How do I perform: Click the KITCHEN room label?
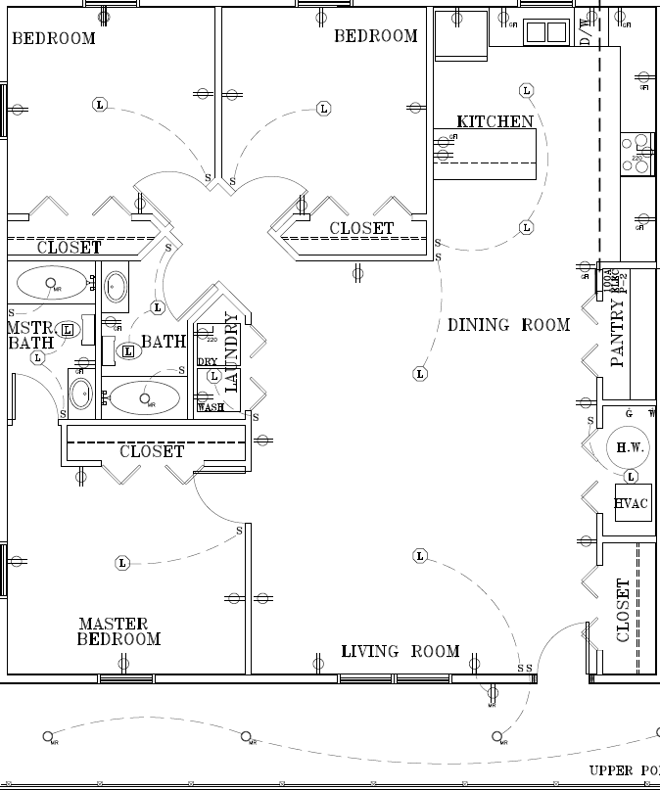[495, 122]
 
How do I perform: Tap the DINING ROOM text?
[508, 325]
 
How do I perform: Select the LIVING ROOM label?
[401, 651]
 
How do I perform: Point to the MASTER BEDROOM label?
[118, 631]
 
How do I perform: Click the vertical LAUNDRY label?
[232, 351]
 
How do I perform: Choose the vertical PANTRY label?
[617, 333]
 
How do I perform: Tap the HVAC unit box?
[632, 504]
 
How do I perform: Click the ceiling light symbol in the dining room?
[420, 374]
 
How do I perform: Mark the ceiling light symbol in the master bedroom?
[122, 563]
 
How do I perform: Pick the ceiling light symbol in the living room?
[420, 556]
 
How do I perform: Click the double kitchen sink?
[545, 32]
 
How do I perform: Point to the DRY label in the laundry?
[207, 362]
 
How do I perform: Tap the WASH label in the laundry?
[210, 407]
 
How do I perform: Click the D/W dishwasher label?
[586, 31]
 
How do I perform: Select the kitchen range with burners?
[637, 154]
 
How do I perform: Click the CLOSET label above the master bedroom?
[152, 451]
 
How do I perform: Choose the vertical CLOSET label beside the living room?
[624, 610]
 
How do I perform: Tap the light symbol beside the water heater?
[631, 477]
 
